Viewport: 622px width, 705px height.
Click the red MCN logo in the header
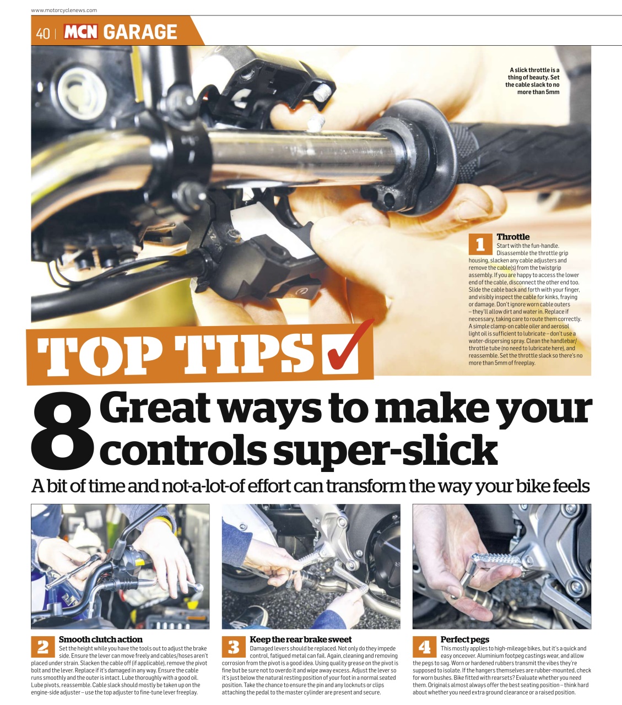click(x=81, y=32)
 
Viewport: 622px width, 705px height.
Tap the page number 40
click(x=42, y=33)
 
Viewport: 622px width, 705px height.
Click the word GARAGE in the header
click(x=140, y=32)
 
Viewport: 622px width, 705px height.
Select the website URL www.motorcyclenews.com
click(x=64, y=10)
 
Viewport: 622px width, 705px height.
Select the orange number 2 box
click(x=42, y=647)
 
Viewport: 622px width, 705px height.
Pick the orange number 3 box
click(x=234, y=647)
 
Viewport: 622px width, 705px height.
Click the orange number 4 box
click(x=424, y=647)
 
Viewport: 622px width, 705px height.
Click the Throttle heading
click(x=513, y=237)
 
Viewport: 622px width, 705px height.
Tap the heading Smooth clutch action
click(x=100, y=639)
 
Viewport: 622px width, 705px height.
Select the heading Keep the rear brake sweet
click(x=300, y=639)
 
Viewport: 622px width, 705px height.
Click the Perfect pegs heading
click(x=464, y=639)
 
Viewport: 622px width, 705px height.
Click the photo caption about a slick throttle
click(x=533, y=81)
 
